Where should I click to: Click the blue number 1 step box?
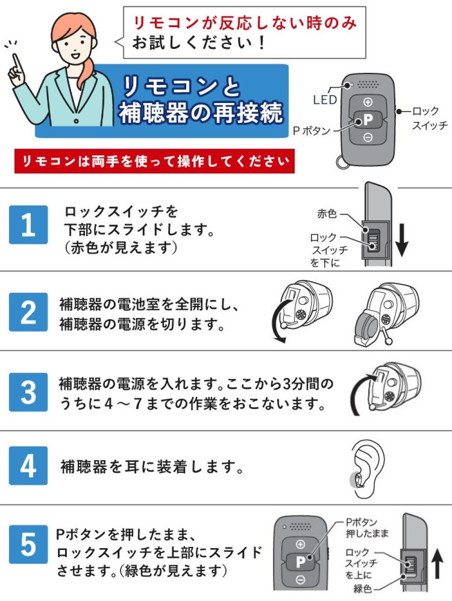click(x=28, y=225)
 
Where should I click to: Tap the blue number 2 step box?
click(x=28, y=312)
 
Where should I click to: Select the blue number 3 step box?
click(x=28, y=392)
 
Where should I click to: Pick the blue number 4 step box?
click(x=28, y=465)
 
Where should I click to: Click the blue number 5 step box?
click(x=28, y=544)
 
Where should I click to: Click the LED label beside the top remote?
click(x=325, y=99)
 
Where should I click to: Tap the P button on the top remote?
click(x=368, y=120)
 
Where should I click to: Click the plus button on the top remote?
click(x=368, y=102)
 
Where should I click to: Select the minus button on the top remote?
click(x=368, y=138)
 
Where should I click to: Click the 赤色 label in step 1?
click(x=327, y=214)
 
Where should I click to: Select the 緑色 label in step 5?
click(x=363, y=588)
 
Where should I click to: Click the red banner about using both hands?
click(x=154, y=161)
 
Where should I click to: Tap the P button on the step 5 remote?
click(x=300, y=562)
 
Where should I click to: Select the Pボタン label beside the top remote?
click(x=312, y=131)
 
